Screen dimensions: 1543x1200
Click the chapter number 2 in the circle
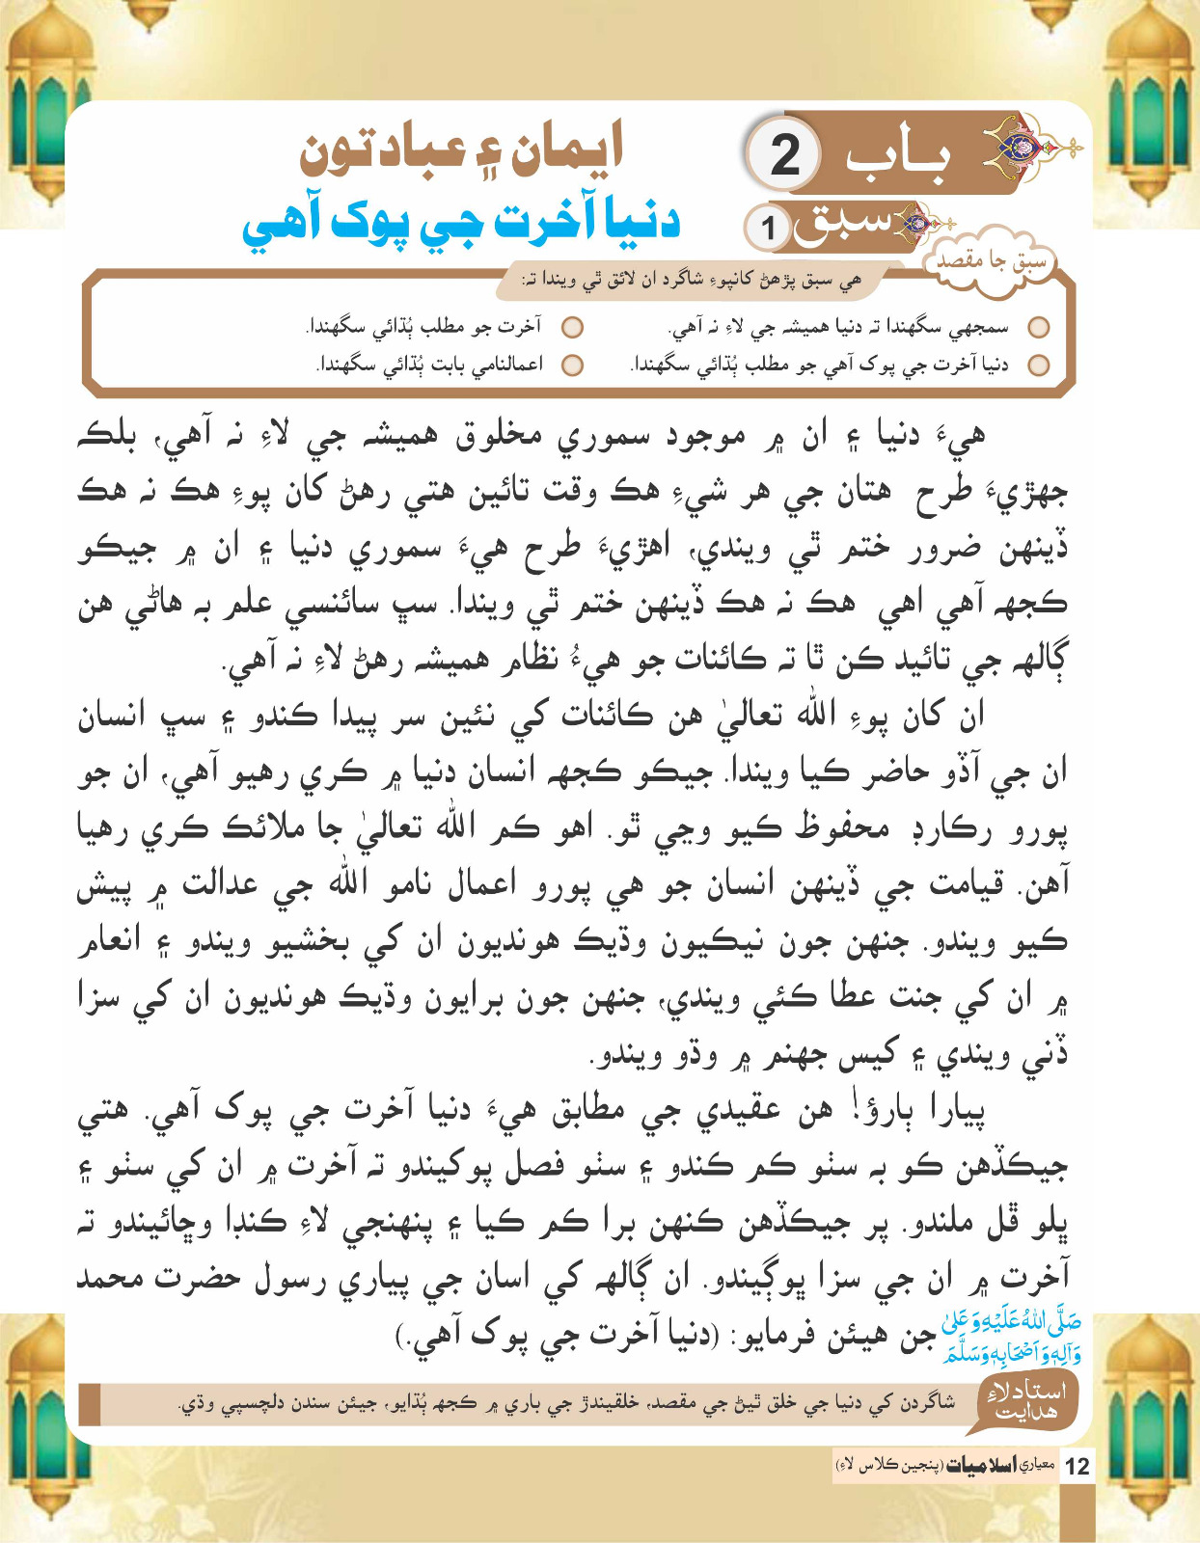click(785, 155)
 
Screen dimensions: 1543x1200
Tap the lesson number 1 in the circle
click(769, 229)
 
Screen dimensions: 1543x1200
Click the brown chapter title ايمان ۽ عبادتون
click(462, 150)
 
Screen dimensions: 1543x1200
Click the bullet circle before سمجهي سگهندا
click(1038, 328)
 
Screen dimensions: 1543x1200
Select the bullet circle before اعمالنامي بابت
click(573, 365)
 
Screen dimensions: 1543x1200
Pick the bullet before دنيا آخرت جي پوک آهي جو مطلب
click(1038, 365)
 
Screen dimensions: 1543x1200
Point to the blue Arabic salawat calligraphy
click(1012, 1337)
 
